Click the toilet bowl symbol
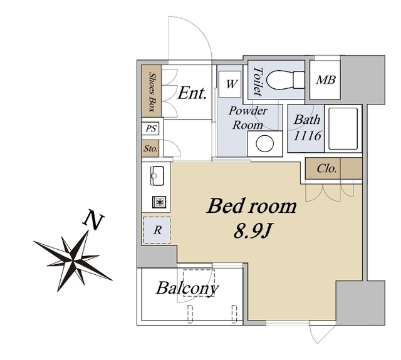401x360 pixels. [x=286, y=80]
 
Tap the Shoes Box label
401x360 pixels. [x=152, y=92]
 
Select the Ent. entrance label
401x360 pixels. [x=192, y=93]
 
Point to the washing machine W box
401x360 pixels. [x=230, y=84]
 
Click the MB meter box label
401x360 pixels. [x=326, y=80]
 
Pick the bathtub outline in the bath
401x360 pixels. [x=343, y=128]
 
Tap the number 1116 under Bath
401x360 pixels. [x=307, y=136]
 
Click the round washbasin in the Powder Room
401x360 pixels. [x=264, y=143]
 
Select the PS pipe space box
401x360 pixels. [x=150, y=128]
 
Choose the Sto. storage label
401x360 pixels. [x=150, y=148]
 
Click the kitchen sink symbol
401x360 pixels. [x=157, y=176]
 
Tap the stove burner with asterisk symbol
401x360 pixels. [x=159, y=202]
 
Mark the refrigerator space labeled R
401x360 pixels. [x=157, y=230]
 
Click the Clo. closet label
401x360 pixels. [x=326, y=168]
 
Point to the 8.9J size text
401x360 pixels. [x=252, y=232]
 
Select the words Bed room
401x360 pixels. [x=252, y=206]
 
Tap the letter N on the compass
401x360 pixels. [x=93, y=219]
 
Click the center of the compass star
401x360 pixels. [x=73, y=260]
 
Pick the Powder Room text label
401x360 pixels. [x=248, y=118]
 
